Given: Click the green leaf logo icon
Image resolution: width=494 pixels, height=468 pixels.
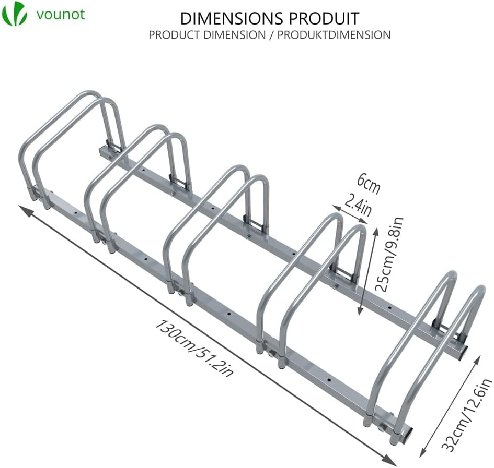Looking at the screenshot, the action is click(15, 14).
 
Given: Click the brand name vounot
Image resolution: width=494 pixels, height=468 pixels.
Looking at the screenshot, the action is click(61, 15).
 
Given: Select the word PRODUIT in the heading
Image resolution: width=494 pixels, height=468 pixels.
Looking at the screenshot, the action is click(324, 18).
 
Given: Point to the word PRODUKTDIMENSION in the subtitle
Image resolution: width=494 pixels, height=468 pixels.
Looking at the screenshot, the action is click(334, 35).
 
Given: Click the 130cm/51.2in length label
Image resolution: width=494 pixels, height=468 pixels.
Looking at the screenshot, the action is click(194, 348).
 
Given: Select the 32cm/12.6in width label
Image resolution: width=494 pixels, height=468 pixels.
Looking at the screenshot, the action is click(466, 415).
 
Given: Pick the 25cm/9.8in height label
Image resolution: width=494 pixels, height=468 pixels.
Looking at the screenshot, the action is click(389, 254).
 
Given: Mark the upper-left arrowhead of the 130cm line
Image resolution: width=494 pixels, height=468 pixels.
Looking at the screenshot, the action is click(24, 210).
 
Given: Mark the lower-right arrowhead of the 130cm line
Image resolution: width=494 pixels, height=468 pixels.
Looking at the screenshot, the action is click(391, 461).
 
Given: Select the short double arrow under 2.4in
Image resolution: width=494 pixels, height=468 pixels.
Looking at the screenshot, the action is click(350, 214).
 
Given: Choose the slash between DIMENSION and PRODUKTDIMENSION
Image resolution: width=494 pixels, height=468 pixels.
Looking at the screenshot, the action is click(272, 35).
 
